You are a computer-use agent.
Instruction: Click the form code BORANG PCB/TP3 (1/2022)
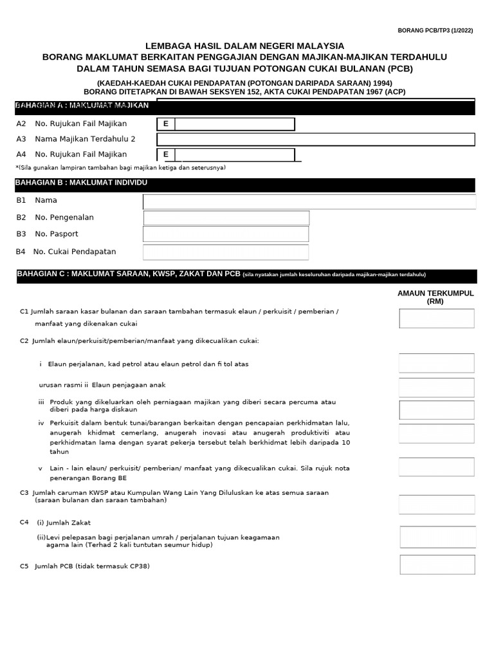(x=435, y=30)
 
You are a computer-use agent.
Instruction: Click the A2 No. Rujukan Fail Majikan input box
(x=234, y=124)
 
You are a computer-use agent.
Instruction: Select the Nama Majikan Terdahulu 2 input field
(x=315, y=140)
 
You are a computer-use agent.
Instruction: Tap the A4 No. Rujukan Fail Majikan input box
(x=234, y=154)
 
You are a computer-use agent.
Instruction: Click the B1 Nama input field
(x=309, y=202)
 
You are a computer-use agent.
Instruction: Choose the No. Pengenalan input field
(x=226, y=218)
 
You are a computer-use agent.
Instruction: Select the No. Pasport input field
(x=226, y=234)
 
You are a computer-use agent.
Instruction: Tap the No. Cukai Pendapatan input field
(x=226, y=252)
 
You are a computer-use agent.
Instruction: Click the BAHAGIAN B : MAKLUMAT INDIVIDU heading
(x=81, y=183)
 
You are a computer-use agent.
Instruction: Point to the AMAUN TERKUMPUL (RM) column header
(x=437, y=297)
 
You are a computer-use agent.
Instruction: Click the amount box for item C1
(x=437, y=319)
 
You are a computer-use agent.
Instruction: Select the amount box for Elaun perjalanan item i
(x=437, y=364)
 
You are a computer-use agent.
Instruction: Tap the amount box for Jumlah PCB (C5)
(x=437, y=564)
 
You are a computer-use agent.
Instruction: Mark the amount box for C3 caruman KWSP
(x=437, y=504)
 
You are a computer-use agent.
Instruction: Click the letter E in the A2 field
(x=166, y=124)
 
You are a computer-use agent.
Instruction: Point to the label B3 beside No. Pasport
(x=21, y=234)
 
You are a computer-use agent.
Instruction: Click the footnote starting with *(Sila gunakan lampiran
(x=120, y=167)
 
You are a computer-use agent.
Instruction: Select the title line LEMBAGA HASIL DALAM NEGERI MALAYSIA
(x=244, y=46)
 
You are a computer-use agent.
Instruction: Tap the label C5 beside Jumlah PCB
(x=24, y=566)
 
